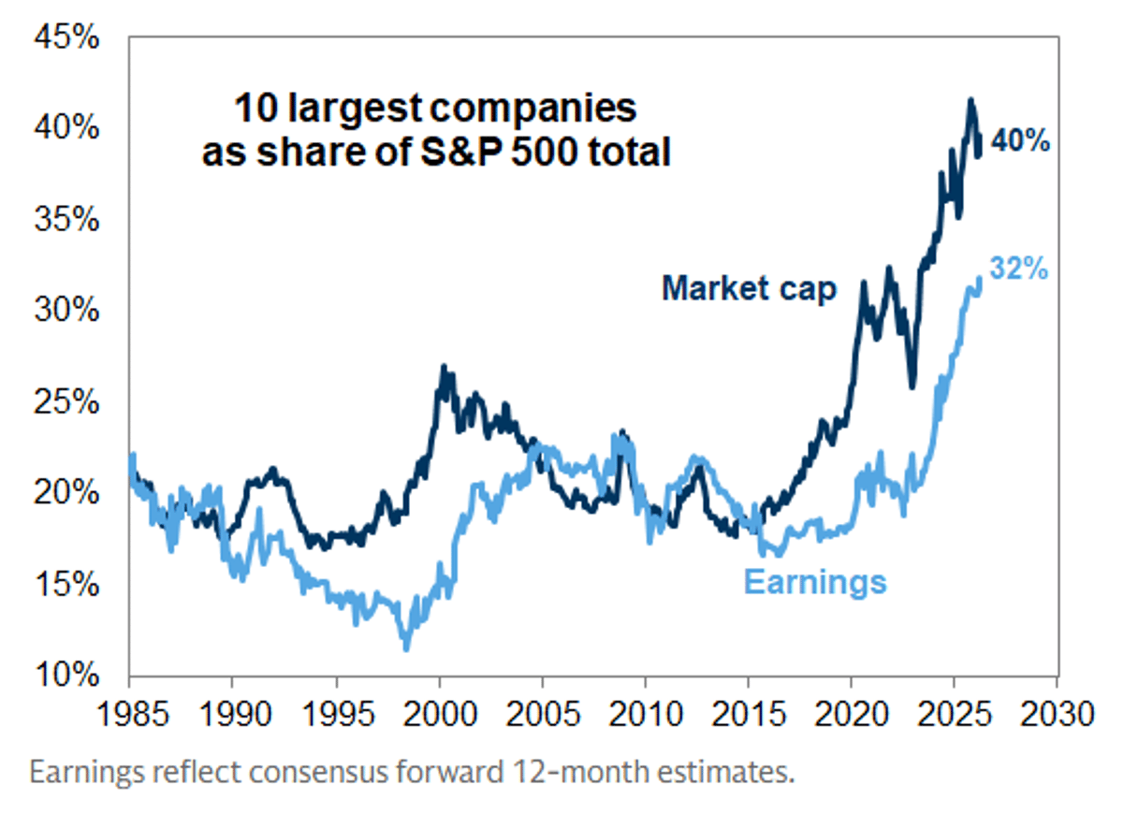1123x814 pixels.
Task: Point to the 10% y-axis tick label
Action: pos(66,674)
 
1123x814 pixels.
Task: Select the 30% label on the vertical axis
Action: pos(66,311)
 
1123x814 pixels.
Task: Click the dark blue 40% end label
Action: pos(1020,143)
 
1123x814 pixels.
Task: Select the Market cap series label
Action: pos(749,288)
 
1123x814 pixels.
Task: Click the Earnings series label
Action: pos(814,582)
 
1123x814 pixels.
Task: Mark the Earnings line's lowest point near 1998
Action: pos(406,647)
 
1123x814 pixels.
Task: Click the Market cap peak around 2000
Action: pos(444,368)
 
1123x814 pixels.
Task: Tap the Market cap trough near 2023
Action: pos(912,385)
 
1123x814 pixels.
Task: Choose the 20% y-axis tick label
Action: pos(66,492)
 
